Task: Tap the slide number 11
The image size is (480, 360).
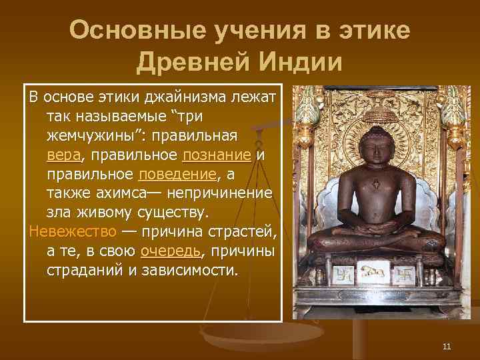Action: (447, 345)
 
